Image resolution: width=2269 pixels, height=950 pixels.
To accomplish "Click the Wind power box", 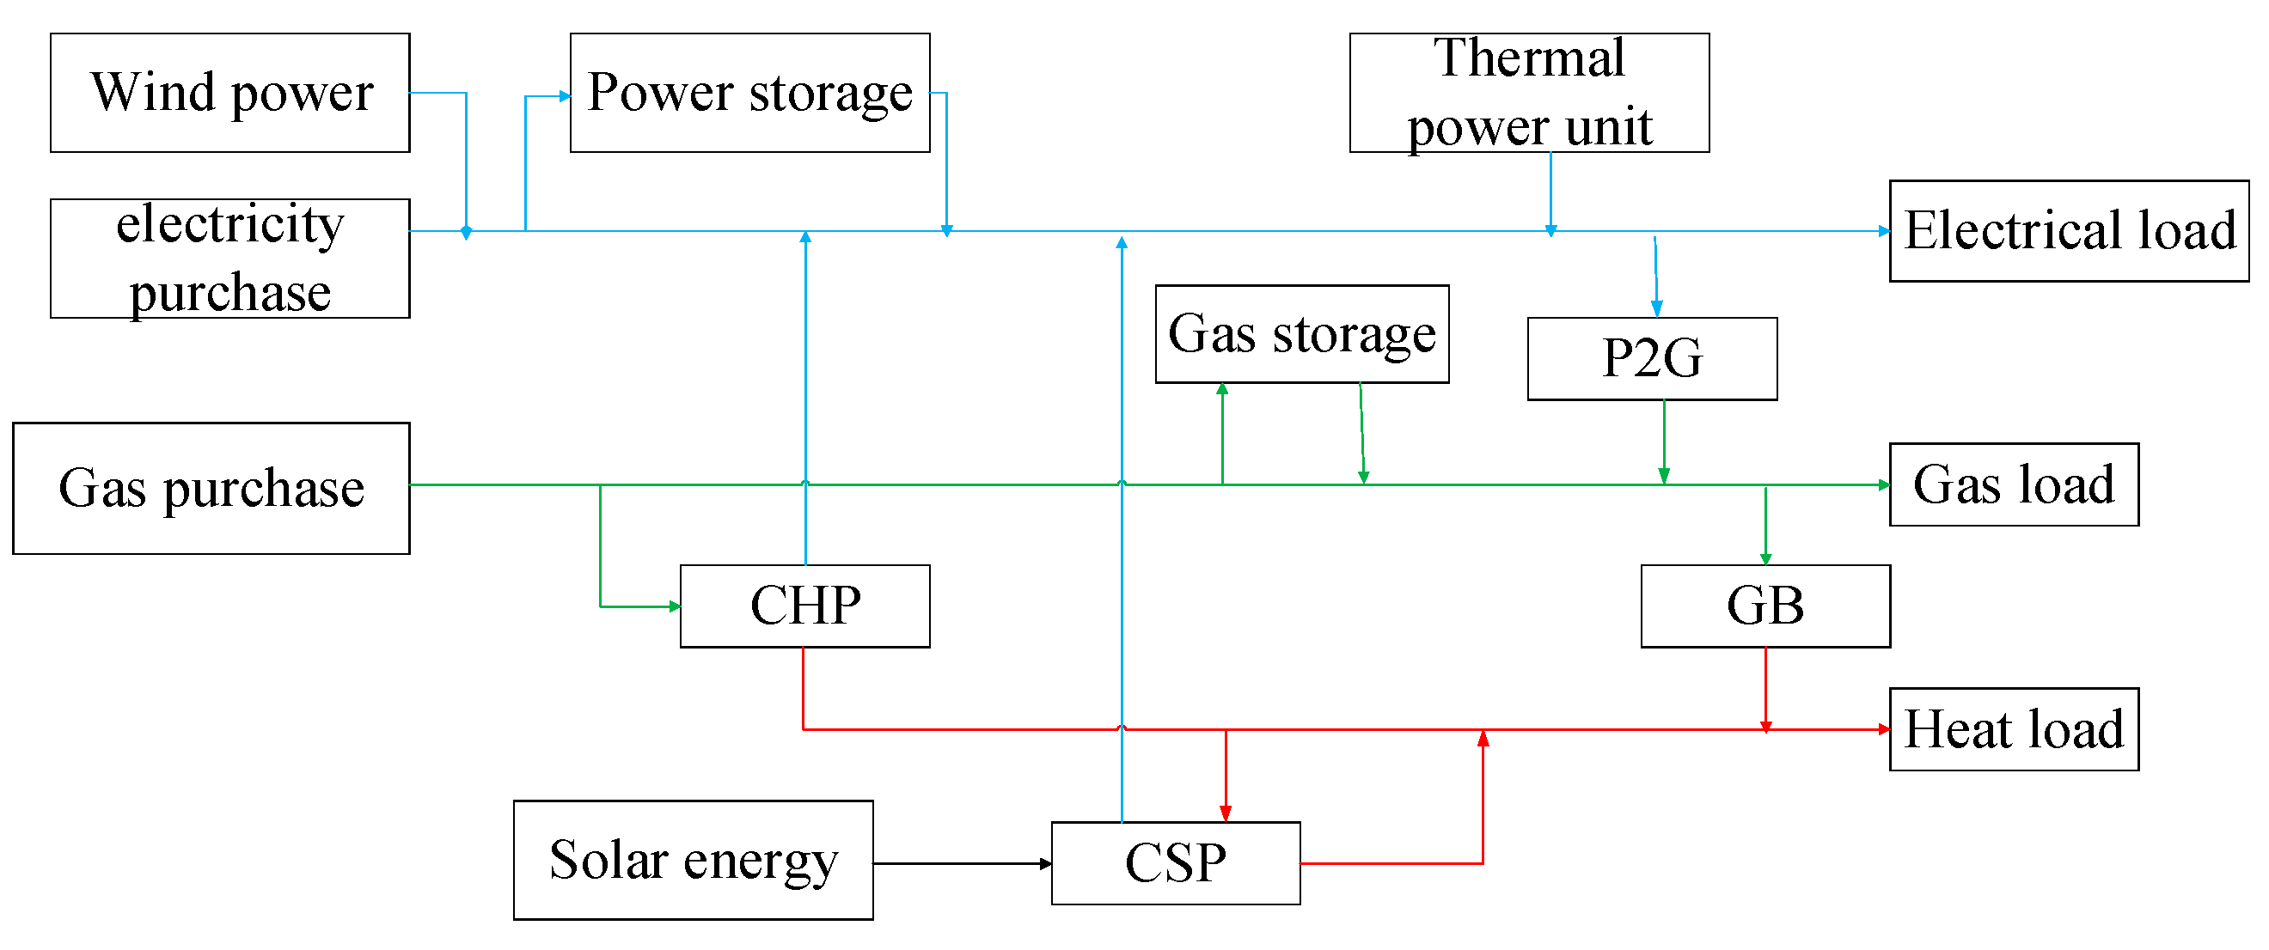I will [x=229, y=93].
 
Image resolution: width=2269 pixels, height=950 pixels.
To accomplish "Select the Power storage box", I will [x=749, y=93].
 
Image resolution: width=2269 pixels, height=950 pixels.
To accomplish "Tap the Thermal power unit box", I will [x=1529, y=93].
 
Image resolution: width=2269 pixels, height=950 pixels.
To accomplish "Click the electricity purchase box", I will [x=229, y=258].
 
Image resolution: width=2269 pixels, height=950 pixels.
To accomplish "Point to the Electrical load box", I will [x=2068, y=231].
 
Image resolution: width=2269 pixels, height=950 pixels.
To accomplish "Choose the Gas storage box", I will [x=1302, y=333].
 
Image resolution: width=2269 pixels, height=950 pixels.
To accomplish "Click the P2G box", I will [x=1652, y=358].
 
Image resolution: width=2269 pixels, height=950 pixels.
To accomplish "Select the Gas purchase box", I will [x=211, y=488].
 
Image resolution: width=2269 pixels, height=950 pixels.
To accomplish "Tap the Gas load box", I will [x=2014, y=484].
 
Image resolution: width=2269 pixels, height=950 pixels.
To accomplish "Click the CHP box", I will [x=805, y=606].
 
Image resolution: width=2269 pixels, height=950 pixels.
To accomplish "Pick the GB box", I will [x=1765, y=606].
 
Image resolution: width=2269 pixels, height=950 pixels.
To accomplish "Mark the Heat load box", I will [x=2014, y=729].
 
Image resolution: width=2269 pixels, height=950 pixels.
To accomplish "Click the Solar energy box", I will [x=694, y=860].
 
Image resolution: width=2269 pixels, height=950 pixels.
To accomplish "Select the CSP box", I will [x=1175, y=863].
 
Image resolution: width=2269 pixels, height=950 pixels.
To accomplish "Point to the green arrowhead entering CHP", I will [x=675, y=606].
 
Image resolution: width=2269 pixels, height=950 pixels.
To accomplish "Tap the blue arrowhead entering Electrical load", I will [x=1884, y=232].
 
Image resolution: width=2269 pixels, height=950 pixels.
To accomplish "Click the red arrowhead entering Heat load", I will [x=1884, y=729].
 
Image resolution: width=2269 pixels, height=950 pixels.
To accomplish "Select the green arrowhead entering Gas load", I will [x=1884, y=485].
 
